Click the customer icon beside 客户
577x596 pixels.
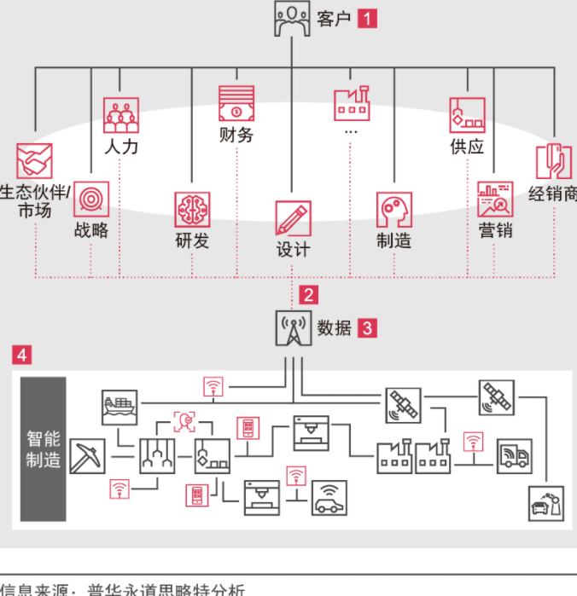coord(292,19)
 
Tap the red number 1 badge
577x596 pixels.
coord(367,19)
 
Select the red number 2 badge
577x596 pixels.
coord(308,296)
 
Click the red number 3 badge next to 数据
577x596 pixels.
coord(367,327)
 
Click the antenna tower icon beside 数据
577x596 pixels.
coord(292,328)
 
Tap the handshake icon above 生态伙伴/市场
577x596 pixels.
coord(34,161)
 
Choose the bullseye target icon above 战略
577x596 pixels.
coord(90,199)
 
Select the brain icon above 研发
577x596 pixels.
coord(192,210)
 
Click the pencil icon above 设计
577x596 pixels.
coord(293,218)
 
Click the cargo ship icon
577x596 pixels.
coord(119,408)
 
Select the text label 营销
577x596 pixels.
coord(495,230)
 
